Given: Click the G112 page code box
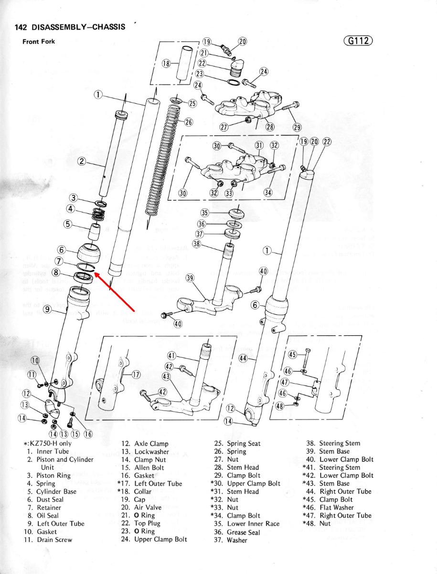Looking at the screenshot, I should [x=358, y=41].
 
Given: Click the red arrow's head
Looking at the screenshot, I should [x=95, y=274].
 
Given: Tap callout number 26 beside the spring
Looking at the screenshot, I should [x=188, y=122].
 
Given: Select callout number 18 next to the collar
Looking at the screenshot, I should [x=166, y=63].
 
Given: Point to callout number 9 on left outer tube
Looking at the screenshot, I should [x=47, y=309].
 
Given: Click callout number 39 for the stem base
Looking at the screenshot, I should [x=190, y=279].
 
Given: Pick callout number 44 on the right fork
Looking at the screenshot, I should [x=243, y=357].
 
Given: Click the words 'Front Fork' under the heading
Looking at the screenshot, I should [x=39, y=42].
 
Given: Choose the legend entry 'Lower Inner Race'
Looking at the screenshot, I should [x=253, y=524].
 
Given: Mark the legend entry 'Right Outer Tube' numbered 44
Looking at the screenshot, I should [x=345, y=491].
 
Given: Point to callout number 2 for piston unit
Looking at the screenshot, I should [x=82, y=161].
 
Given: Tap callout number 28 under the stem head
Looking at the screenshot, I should [x=270, y=127].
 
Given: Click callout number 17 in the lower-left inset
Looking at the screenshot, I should [x=136, y=375].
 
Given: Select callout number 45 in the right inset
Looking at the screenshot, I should [x=294, y=354].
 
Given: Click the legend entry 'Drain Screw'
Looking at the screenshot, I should [x=54, y=540].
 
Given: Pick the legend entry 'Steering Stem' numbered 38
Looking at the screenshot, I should [x=340, y=443].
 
